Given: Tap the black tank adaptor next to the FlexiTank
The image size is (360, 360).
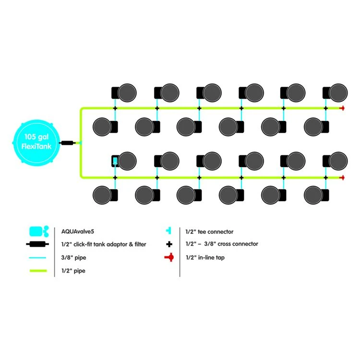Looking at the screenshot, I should click(67, 143).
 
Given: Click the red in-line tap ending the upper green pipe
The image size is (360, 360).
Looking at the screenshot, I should click(342, 108).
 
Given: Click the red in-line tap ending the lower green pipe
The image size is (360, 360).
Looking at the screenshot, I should click(342, 178).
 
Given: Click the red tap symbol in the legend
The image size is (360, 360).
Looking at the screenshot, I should click(169, 258).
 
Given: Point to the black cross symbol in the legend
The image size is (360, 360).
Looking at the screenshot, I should click(169, 244).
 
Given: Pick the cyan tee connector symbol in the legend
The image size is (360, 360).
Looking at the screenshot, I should click(169, 231).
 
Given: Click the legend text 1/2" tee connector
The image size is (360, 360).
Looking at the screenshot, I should click(209, 231).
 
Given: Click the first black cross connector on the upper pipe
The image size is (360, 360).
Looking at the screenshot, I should click(115, 108).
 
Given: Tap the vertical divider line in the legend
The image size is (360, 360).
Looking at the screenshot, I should click(180, 250).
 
